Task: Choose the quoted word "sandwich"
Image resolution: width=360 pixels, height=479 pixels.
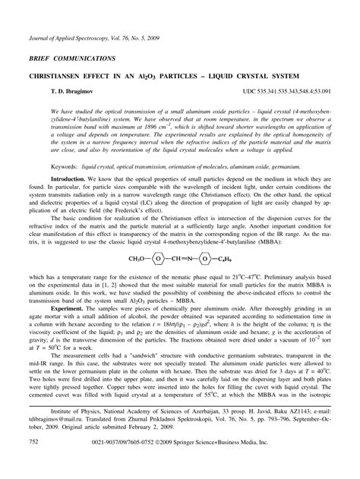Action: pos(155,363)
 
